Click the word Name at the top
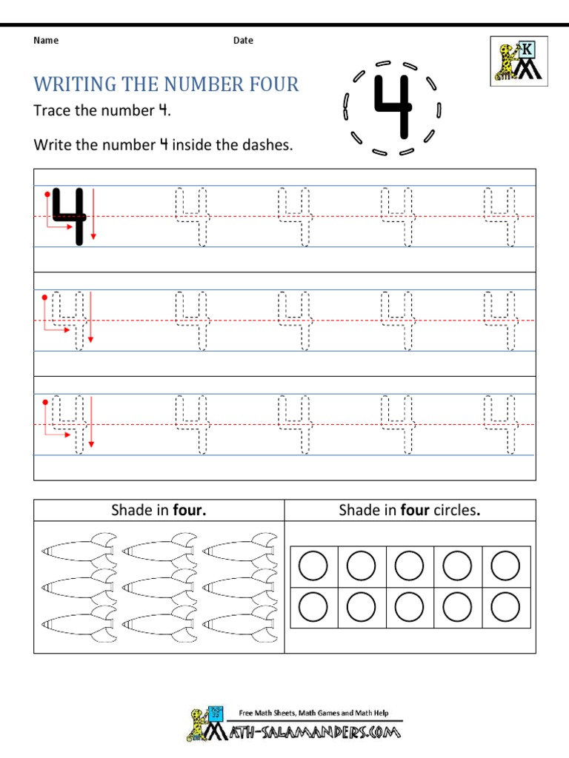click(46, 41)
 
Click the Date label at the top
click(243, 41)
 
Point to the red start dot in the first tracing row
click(46, 195)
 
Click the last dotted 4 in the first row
click(501, 216)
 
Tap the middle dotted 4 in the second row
click(295, 321)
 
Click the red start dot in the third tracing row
click(46, 403)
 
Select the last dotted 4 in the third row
click(501, 425)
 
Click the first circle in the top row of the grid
click(313, 567)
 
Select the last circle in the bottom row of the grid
click(506, 608)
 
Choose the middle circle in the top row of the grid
click(410, 567)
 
